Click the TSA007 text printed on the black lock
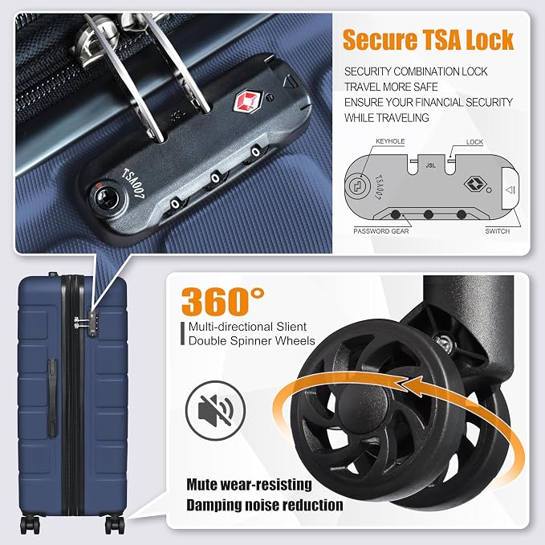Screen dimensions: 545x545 [x=132, y=183]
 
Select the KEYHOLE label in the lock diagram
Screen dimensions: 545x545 [x=390, y=141]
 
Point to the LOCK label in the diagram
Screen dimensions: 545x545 [x=474, y=142]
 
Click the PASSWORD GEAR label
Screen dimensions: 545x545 [x=381, y=231]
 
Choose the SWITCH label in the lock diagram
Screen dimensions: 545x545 [x=498, y=231]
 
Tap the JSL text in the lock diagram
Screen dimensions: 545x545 [x=431, y=165]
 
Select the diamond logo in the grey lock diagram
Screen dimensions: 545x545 [x=474, y=185]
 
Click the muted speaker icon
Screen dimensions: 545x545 [x=215, y=410]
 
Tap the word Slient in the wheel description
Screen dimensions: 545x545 [x=291, y=327]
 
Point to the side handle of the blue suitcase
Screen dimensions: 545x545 [x=52, y=398]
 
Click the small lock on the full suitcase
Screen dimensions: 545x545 [x=92, y=323]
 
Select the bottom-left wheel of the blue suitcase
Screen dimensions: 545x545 [x=29, y=524]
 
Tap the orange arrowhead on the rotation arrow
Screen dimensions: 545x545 [x=412, y=386]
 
